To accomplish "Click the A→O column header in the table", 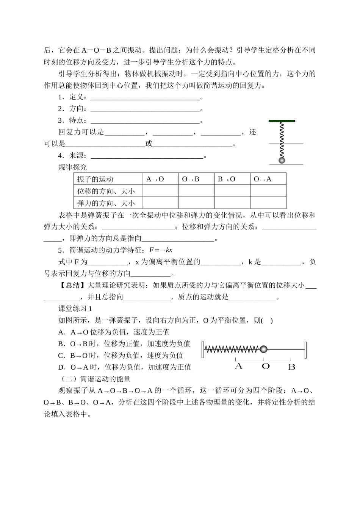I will (155, 179).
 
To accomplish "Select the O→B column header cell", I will (191, 179).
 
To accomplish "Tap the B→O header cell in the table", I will (227, 179).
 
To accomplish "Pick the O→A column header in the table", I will (263, 179).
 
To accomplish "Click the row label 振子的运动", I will (95, 179).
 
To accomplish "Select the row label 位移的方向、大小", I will (106, 191).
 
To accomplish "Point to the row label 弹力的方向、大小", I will (106, 203).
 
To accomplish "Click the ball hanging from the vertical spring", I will (282, 160).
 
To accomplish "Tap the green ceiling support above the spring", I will (282, 121).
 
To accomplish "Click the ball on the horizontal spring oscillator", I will (264, 349).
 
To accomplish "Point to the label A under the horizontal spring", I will (239, 366).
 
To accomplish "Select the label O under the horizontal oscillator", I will (266, 366).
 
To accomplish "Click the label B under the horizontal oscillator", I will (291, 367).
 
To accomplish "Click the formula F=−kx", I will (161, 250).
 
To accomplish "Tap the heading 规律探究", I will (72, 167).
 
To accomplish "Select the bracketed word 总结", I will (72, 286).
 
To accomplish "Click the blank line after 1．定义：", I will (145, 98).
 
